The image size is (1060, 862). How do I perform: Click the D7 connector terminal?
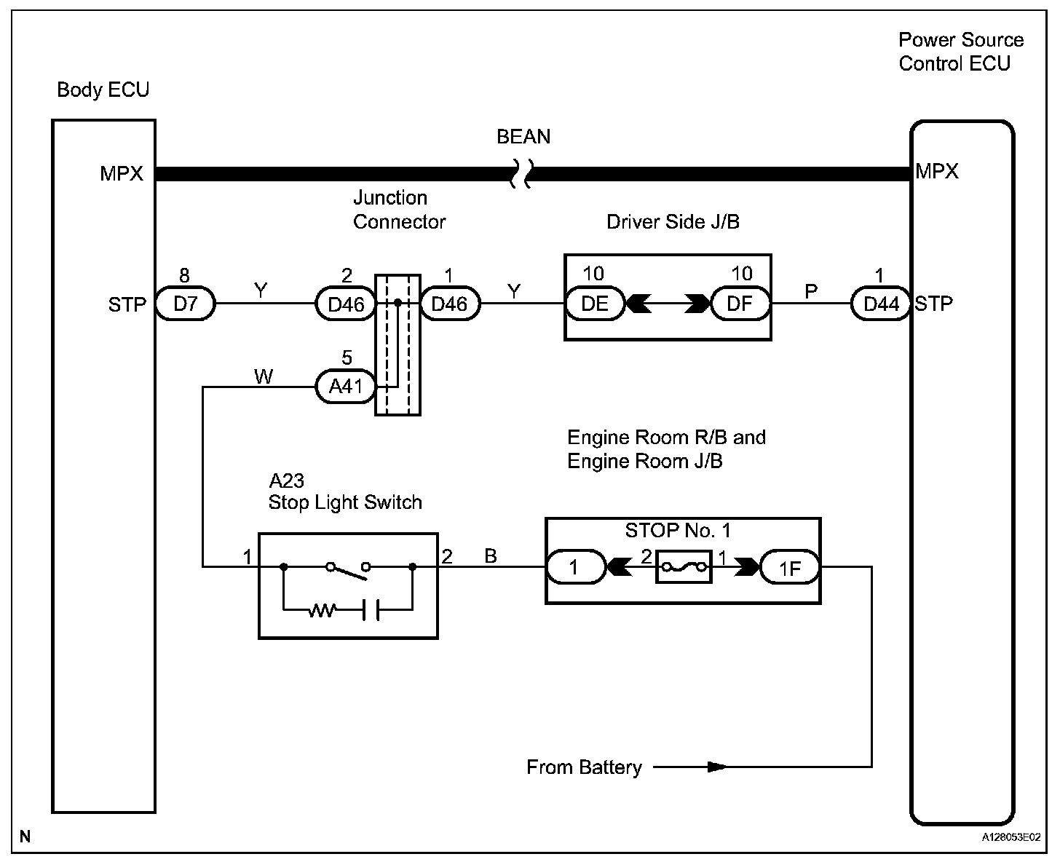[x=186, y=304]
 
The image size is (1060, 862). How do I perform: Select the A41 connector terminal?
[x=345, y=387]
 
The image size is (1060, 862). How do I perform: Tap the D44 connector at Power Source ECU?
[x=881, y=304]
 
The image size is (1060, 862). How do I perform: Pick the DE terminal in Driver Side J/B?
[x=595, y=304]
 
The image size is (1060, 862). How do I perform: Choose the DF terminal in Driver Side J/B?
[x=740, y=304]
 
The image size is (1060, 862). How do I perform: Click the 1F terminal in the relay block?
[x=790, y=567]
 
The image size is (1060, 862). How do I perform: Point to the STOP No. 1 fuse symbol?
[x=684, y=567]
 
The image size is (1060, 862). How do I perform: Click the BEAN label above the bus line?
[x=523, y=137]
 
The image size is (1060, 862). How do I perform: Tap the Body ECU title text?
[x=103, y=90]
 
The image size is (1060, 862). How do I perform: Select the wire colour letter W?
[x=263, y=376]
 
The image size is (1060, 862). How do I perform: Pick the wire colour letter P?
[x=811, y=292]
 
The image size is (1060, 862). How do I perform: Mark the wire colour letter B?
[x=491, y=556]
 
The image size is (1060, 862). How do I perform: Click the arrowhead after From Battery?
[x=717, y=767]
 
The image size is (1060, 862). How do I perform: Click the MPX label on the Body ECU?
[x=122, y=175]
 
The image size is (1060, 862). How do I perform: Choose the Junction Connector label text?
[x=399, y=210]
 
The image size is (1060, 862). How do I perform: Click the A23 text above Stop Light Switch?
[x=286, y=481]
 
